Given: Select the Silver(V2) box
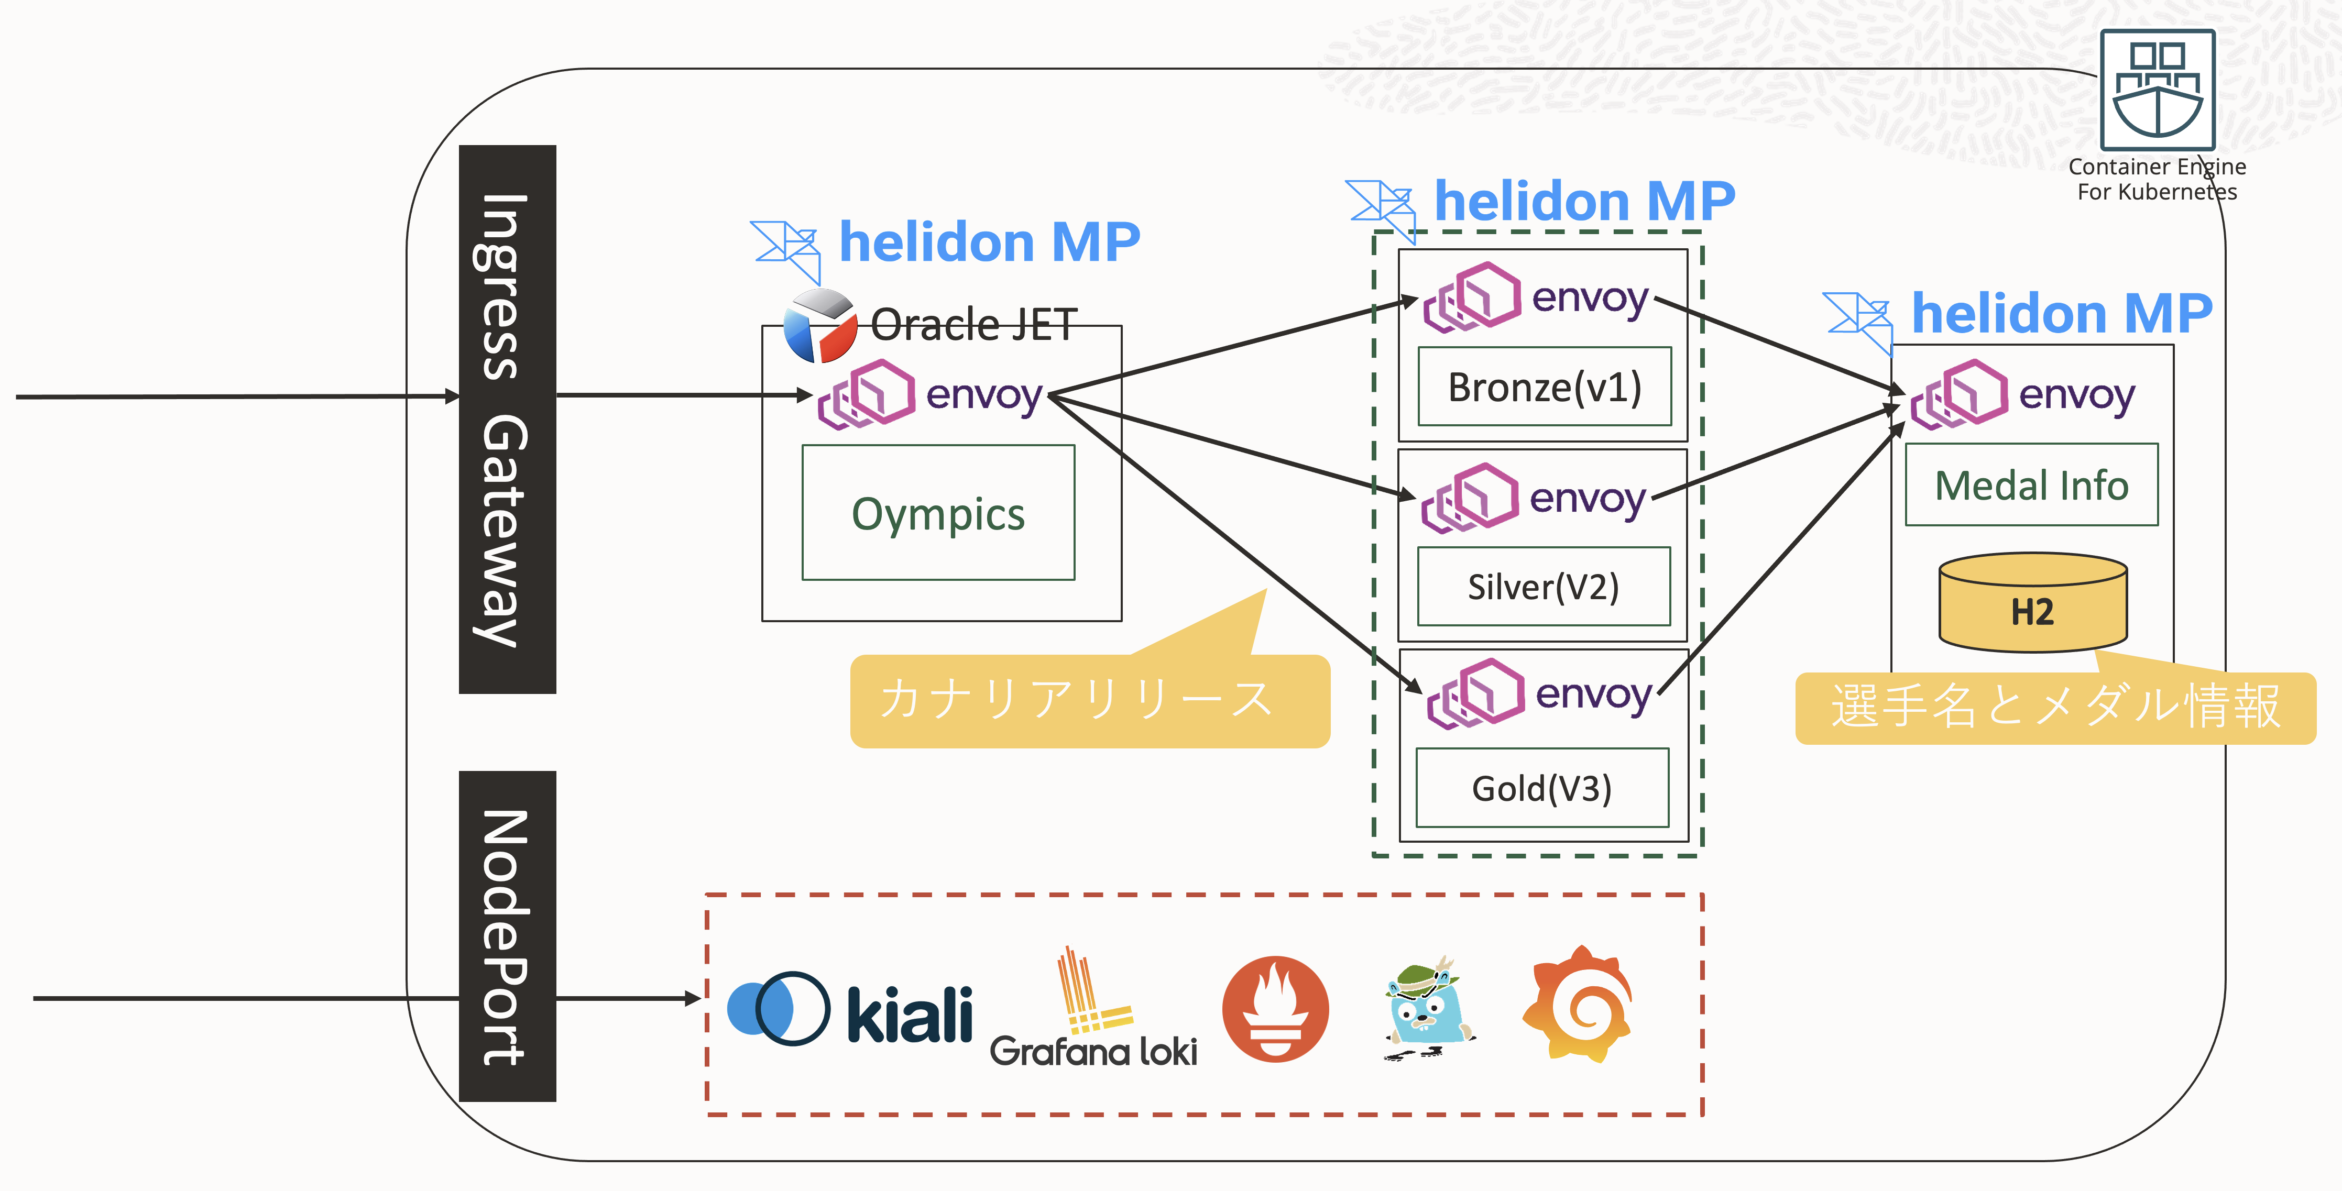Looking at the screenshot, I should tap(1543, 587).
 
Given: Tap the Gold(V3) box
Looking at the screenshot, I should tap(1542, 787).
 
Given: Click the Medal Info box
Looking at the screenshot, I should tap(2031, 484).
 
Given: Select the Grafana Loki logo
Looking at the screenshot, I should tap(1093, 1009).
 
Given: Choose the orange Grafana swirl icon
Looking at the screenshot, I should tap(1578, 1005).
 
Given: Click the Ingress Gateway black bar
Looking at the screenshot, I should tap(507, 419).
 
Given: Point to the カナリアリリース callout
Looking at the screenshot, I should tap(1089, 700).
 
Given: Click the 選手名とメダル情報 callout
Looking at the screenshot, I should tap(2055, 708).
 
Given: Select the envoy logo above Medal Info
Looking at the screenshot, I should tap(1959, 394).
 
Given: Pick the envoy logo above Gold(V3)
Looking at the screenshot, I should tap(1475, 693).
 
